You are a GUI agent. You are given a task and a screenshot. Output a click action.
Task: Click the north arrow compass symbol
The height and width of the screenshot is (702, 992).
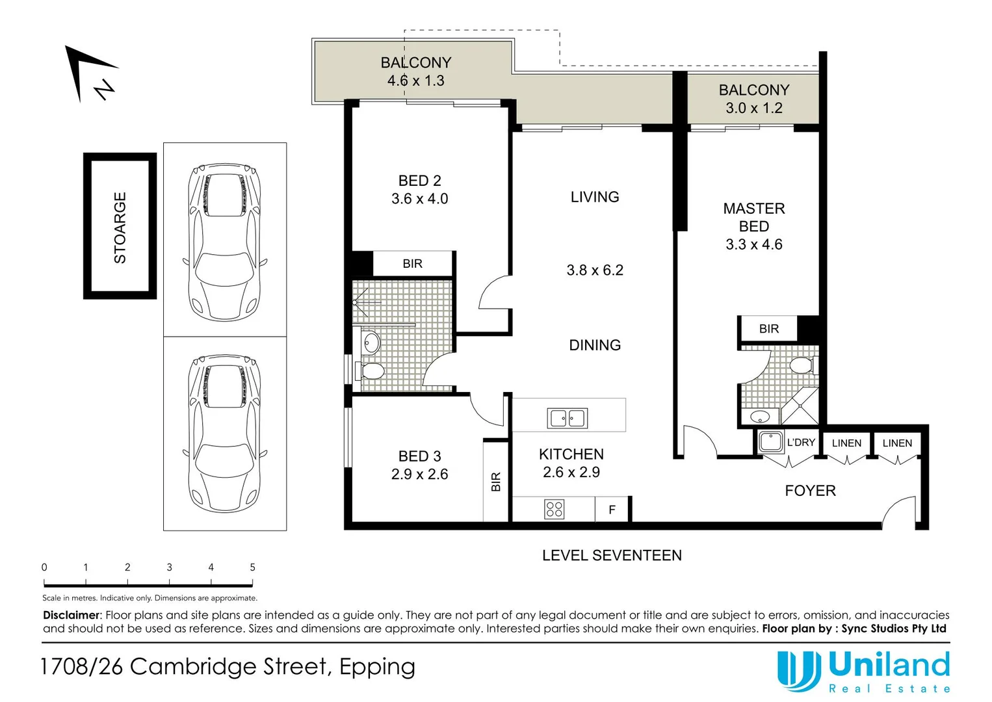click(x=91, y=73)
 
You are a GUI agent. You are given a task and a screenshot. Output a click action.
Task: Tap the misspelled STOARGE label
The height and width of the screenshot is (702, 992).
click(x=120, y=227)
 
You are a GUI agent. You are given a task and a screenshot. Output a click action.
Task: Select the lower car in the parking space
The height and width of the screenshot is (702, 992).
click(x=224, y=432)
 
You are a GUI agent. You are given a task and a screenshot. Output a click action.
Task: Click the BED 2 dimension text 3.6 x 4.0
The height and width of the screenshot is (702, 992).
click(x=419, y=199)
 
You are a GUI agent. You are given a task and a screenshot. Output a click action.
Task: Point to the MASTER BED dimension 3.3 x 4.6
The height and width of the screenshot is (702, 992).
click(x=753, y=244)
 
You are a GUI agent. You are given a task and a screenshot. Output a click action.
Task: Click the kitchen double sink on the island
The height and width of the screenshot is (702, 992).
click(x=568, y=418)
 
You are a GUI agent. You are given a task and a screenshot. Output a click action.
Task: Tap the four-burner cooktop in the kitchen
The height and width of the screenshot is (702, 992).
click(x=555, y=509)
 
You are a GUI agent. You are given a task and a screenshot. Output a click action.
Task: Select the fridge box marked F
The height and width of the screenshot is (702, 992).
click(x=612, y=510)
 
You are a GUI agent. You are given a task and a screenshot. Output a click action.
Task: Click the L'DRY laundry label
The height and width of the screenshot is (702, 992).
click(x=800, y=443)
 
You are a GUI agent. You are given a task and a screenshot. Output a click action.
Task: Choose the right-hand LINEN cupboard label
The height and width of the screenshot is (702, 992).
click(x=896, y=443)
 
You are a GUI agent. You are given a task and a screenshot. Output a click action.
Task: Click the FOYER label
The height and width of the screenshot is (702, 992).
click(x=810, y=491)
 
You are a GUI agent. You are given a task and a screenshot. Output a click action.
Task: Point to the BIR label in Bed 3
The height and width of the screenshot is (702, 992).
click(x=496, y=482)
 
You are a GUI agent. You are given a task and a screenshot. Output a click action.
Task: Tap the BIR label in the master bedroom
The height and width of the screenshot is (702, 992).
click(x=768, y=329)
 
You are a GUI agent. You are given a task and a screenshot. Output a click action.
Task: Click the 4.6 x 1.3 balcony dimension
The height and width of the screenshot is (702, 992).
click(x=415, y=81)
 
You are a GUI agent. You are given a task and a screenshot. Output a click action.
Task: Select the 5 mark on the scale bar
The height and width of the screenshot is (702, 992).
click(x=252, y=567)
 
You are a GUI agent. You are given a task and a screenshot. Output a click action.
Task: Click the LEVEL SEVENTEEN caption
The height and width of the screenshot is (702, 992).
click(x=612, y=556)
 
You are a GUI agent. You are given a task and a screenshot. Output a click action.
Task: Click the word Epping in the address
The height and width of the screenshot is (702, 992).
click(x=377, y=667)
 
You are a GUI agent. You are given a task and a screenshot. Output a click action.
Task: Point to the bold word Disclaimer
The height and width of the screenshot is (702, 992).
click(x=72, y=615)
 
